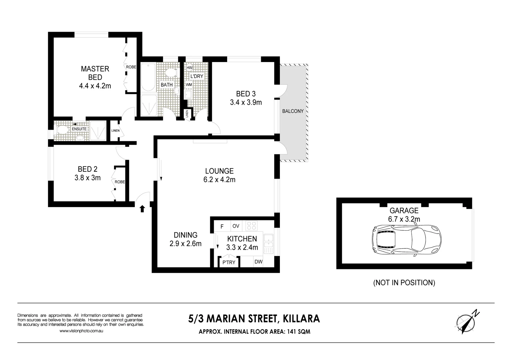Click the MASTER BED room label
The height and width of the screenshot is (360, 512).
tap(95, 73)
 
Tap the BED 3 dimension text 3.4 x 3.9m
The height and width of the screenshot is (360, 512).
tap(246, 102)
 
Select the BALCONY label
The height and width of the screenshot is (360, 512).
tap(293, 111)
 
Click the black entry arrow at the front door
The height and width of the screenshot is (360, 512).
tap(142, 209)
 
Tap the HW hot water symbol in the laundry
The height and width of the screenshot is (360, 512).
tap(189, 68)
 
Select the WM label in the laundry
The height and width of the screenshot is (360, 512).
tap(189, 85)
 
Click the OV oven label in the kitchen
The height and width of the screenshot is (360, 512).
tap(236, 226)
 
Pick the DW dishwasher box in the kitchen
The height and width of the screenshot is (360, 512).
tap(259, 262)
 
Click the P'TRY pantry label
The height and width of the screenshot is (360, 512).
tap(229, 262)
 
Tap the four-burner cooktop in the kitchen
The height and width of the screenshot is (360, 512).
tap(252, 226)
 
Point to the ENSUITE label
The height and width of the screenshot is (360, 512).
tap(79, 129)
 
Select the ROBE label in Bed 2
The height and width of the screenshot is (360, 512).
tap(120, 182)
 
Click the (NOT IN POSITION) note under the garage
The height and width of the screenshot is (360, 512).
tap(404, 283)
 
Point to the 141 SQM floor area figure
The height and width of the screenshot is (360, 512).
tap(297, 332)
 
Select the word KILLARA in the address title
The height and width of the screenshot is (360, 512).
tap(301, 319)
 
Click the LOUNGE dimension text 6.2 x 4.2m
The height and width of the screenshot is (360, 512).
tap(219, 180)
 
